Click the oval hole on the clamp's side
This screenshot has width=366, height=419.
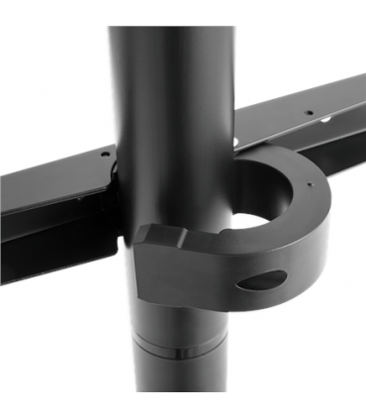[x=260, y=279]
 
